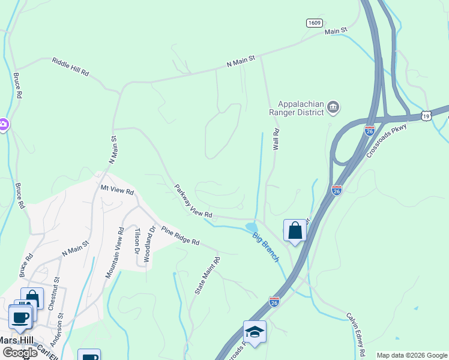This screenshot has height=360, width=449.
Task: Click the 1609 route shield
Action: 314,23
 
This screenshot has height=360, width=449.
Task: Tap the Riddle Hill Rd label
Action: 70,66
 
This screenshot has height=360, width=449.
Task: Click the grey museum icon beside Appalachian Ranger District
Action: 334,108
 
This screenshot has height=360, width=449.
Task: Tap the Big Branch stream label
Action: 265,247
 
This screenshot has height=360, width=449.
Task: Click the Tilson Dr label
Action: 137,240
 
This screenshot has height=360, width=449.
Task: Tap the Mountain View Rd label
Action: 114,253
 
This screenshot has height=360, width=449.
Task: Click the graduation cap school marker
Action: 255,332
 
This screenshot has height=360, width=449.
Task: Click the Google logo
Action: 19,352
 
